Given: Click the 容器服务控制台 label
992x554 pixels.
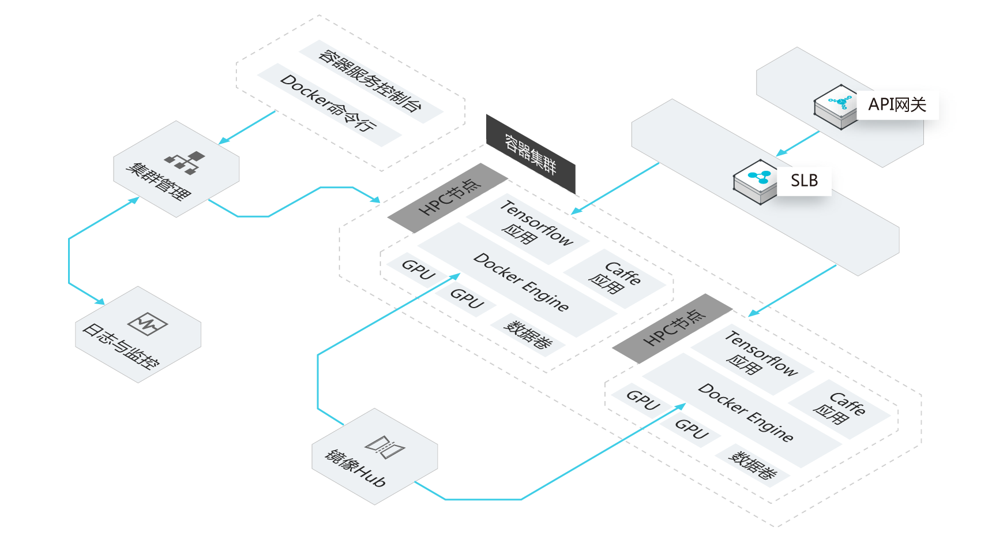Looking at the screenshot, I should pos(370,80).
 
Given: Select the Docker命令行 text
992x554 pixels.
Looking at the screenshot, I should pos(328,103).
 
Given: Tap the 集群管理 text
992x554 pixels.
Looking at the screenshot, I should pos(158,181).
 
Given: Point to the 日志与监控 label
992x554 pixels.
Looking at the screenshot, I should pos(121,346).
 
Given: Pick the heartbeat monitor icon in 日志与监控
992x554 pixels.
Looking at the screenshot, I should pos(148,324).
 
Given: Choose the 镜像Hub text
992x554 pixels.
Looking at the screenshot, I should pos(355,467).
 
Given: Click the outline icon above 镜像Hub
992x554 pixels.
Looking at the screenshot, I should pos(385,446).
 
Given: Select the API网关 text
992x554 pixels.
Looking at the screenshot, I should pos(897,104).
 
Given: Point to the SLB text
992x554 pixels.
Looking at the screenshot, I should pos(804,181).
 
